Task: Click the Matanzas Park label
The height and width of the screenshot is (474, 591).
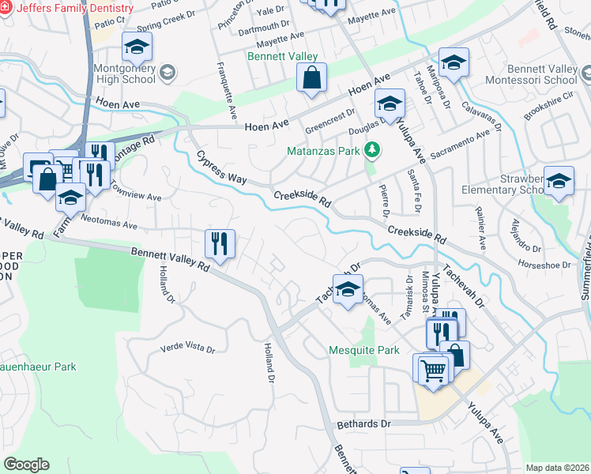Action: [324, 150]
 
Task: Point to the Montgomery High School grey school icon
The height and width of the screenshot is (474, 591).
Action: [167, 73]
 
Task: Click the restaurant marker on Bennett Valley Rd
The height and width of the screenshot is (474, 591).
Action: [220, 244]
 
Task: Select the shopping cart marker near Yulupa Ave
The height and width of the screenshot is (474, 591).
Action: [433, 369]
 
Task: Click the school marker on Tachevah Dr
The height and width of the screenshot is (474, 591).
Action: [348, 290]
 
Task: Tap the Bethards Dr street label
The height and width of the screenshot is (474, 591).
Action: [363, 423]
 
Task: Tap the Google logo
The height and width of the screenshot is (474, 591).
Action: [26, 465]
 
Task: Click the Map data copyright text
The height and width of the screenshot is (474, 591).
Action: [556, 468]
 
